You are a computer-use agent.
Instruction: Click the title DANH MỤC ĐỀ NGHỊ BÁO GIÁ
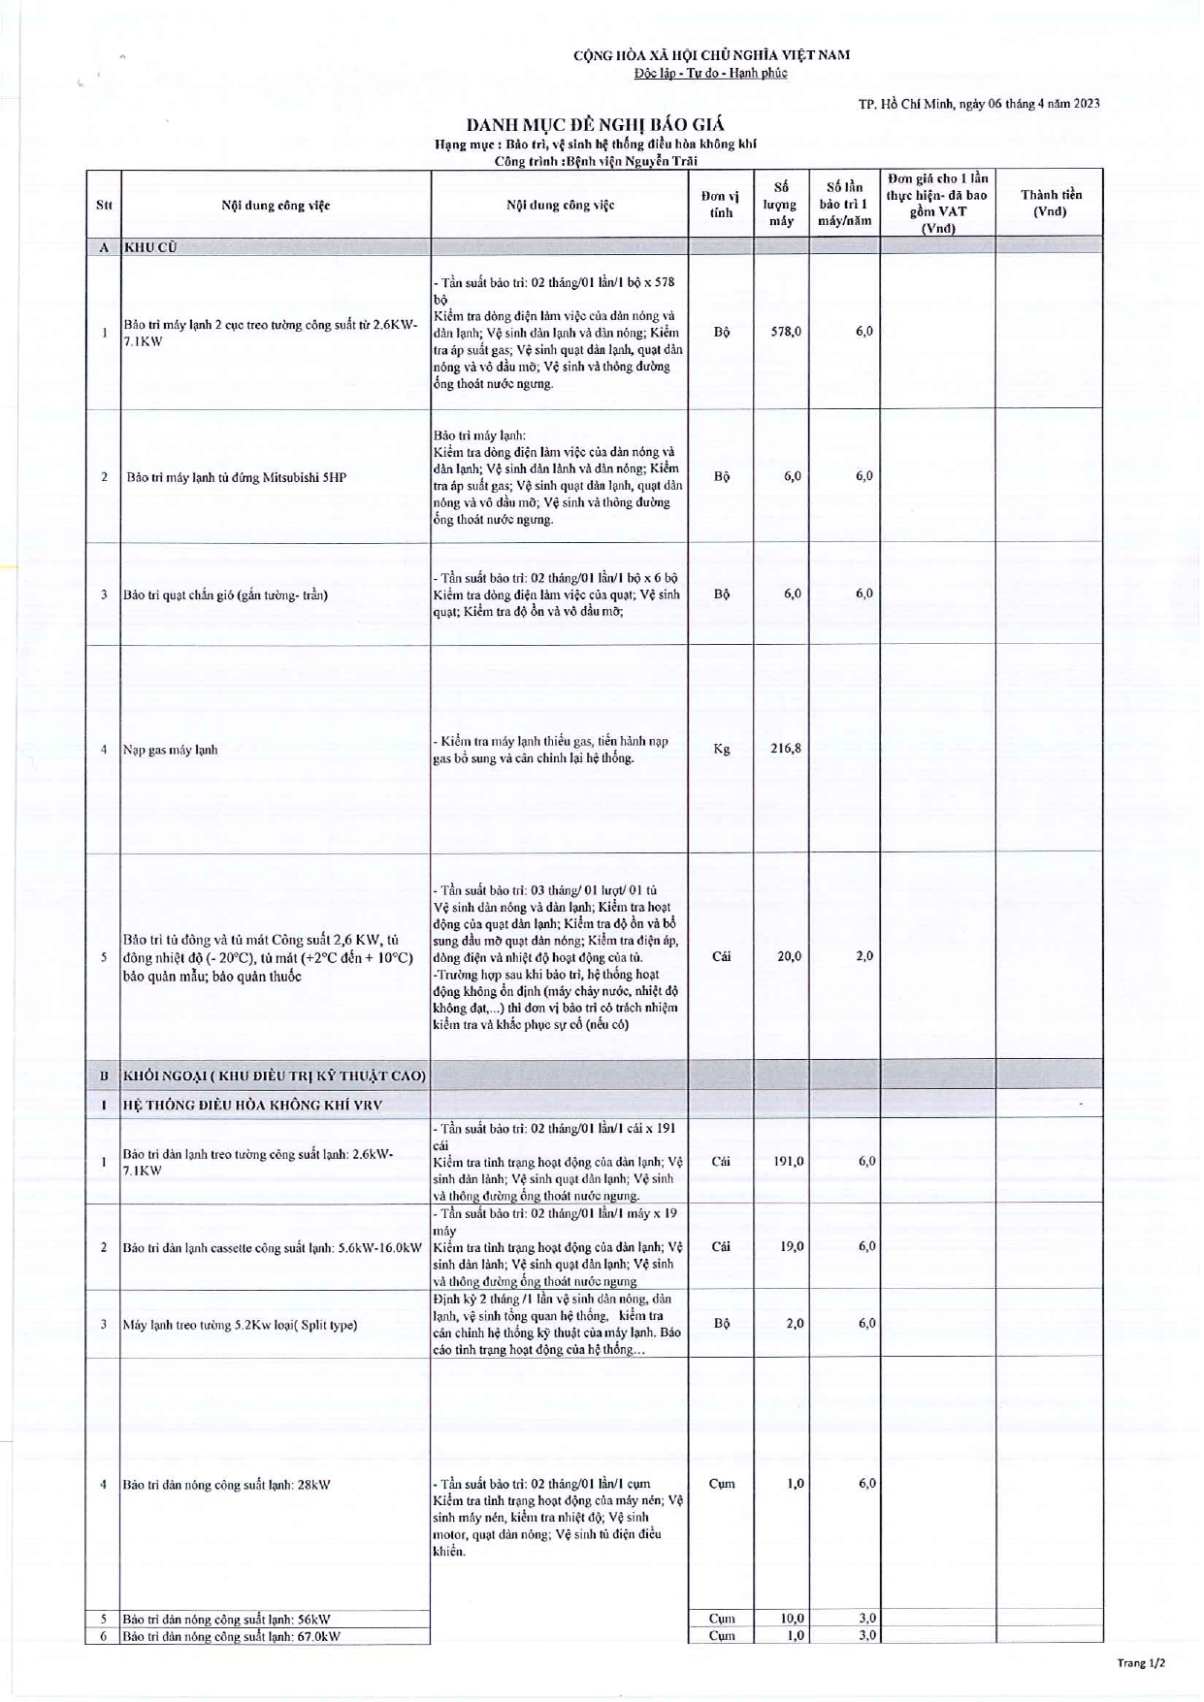coord(595,125)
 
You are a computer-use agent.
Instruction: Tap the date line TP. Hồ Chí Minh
coord(979,104)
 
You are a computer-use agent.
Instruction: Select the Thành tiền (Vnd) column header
coord(1050,203)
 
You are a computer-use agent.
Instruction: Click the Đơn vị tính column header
coord(721,204)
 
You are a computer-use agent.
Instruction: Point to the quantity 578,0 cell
coord(785,332)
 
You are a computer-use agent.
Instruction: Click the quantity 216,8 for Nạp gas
coord(785,749)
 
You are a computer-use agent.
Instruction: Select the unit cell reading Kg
coord(721,749)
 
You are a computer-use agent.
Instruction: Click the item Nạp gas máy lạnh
coord(170,750)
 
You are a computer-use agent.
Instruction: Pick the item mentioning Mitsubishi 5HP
coord(236,477)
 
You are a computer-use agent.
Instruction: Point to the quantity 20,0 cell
coord(788,956)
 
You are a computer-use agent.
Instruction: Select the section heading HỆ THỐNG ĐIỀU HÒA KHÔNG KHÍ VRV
coord(252,1105)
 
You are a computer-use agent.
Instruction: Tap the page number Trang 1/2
coord(1141,1662)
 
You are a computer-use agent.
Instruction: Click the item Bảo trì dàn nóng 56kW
coord(226,1619)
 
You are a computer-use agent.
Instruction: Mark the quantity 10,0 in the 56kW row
coord(792,1618)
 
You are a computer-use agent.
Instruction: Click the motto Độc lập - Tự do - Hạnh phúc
coord(710,74)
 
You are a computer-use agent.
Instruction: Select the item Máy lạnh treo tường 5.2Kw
coord(240,1325)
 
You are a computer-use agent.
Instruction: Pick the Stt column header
coord(104,205)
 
